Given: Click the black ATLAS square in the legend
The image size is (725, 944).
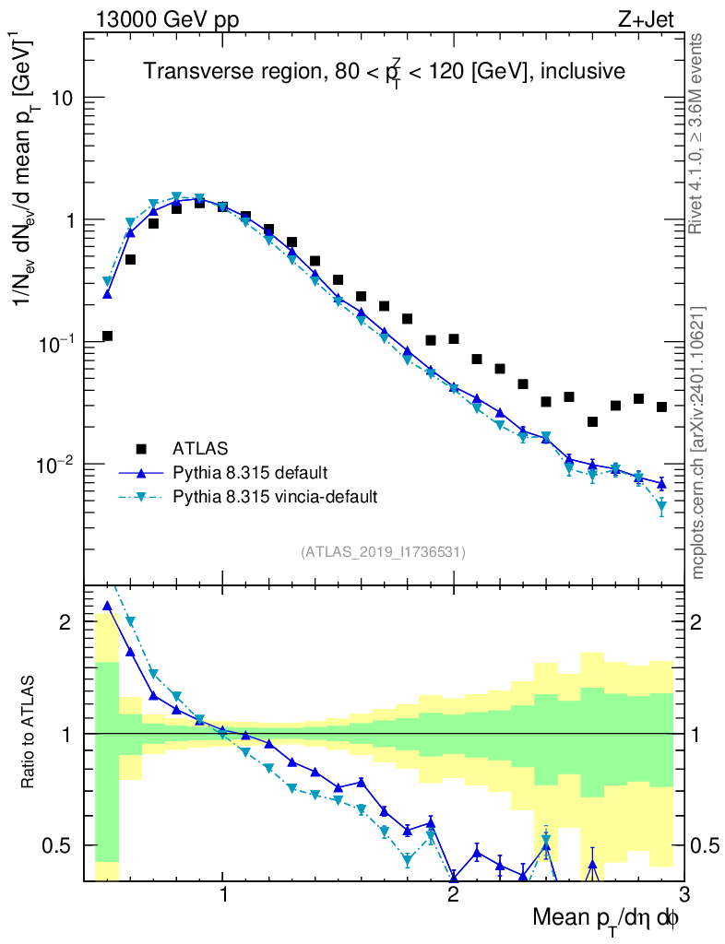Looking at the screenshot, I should (141, 449).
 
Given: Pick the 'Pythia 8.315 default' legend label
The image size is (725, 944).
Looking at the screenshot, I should (249, 473).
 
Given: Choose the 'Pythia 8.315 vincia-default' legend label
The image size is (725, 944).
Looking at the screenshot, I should (275, 497).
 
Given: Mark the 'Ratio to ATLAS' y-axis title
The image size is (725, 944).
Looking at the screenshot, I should (30, 733).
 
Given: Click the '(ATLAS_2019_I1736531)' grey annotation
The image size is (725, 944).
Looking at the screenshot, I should (383, 552).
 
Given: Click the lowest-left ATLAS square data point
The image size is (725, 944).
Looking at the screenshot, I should (107, 336).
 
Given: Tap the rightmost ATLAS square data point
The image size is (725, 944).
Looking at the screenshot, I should (661, 407).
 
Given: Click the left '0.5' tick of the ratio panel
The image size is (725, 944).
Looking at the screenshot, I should (63, 845).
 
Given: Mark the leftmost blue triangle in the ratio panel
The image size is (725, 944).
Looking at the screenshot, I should (107, 606).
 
